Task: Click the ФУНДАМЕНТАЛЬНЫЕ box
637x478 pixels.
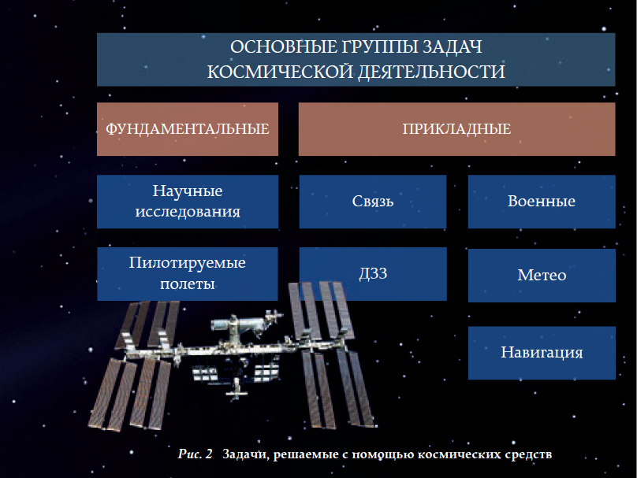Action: click(x=188, y=129)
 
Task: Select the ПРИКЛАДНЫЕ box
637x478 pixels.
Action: click(x=456, y=129)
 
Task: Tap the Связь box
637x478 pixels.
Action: click(x=373, y=202)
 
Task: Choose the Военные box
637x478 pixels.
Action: click(x=542, y=202)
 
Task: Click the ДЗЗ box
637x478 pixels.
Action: click(x=373, y=274)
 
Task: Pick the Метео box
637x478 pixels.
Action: click(x=542, y=276)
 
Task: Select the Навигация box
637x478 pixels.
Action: click(x=542, y=353)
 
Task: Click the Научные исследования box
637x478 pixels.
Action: click(x=188, y=202)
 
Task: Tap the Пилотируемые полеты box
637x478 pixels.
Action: click(x=188, y=274)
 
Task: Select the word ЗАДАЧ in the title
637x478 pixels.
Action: click(x=453, y=47)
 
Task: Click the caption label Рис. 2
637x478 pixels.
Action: click(x=195, y=454)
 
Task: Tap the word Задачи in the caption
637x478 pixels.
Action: click(x=246, y=454)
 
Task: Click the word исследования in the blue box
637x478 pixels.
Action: click(x=188, y=212)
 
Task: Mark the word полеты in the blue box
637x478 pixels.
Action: click(x=188, y=283)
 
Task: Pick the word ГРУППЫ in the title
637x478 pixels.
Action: click(x=378, y=47)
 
